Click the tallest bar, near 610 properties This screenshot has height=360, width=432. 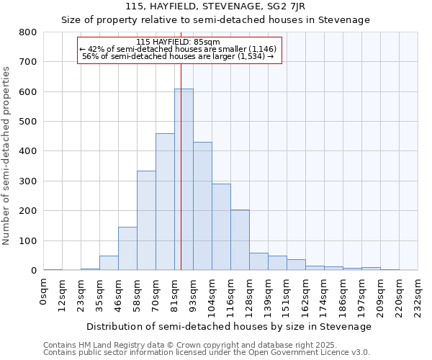click(x=184, y=180)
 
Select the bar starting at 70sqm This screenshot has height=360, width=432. click(x=165, y=202)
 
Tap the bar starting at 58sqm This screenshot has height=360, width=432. click(x=146, y=220)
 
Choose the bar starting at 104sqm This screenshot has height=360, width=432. click(x=221, y=227)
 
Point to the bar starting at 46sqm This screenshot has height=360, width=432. click(x=127, y=248)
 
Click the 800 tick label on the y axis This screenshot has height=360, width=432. click(x=28, y=32)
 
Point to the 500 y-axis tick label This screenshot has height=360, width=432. click(x=28, y=122)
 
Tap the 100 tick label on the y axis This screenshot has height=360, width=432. click(x=28, y=240)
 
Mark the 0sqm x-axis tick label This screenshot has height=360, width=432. click(x=44, y=289)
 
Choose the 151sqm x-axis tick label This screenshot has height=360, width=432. click(x=287, y=294)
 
